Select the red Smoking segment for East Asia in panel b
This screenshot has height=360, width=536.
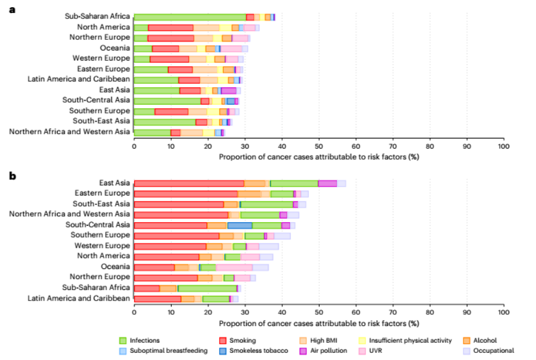pos(189,184)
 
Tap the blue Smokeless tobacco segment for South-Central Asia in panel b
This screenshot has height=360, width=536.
pos(239,225)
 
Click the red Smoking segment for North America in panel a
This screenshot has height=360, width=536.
pos(171,27)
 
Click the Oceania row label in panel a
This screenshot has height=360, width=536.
pos(115,48)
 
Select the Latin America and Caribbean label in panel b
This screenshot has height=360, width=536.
pos(78,298)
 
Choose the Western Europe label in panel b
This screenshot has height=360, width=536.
pos(101,245)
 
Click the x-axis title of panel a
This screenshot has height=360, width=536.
pos(319,157)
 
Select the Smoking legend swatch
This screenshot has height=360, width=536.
pos(224,341)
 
